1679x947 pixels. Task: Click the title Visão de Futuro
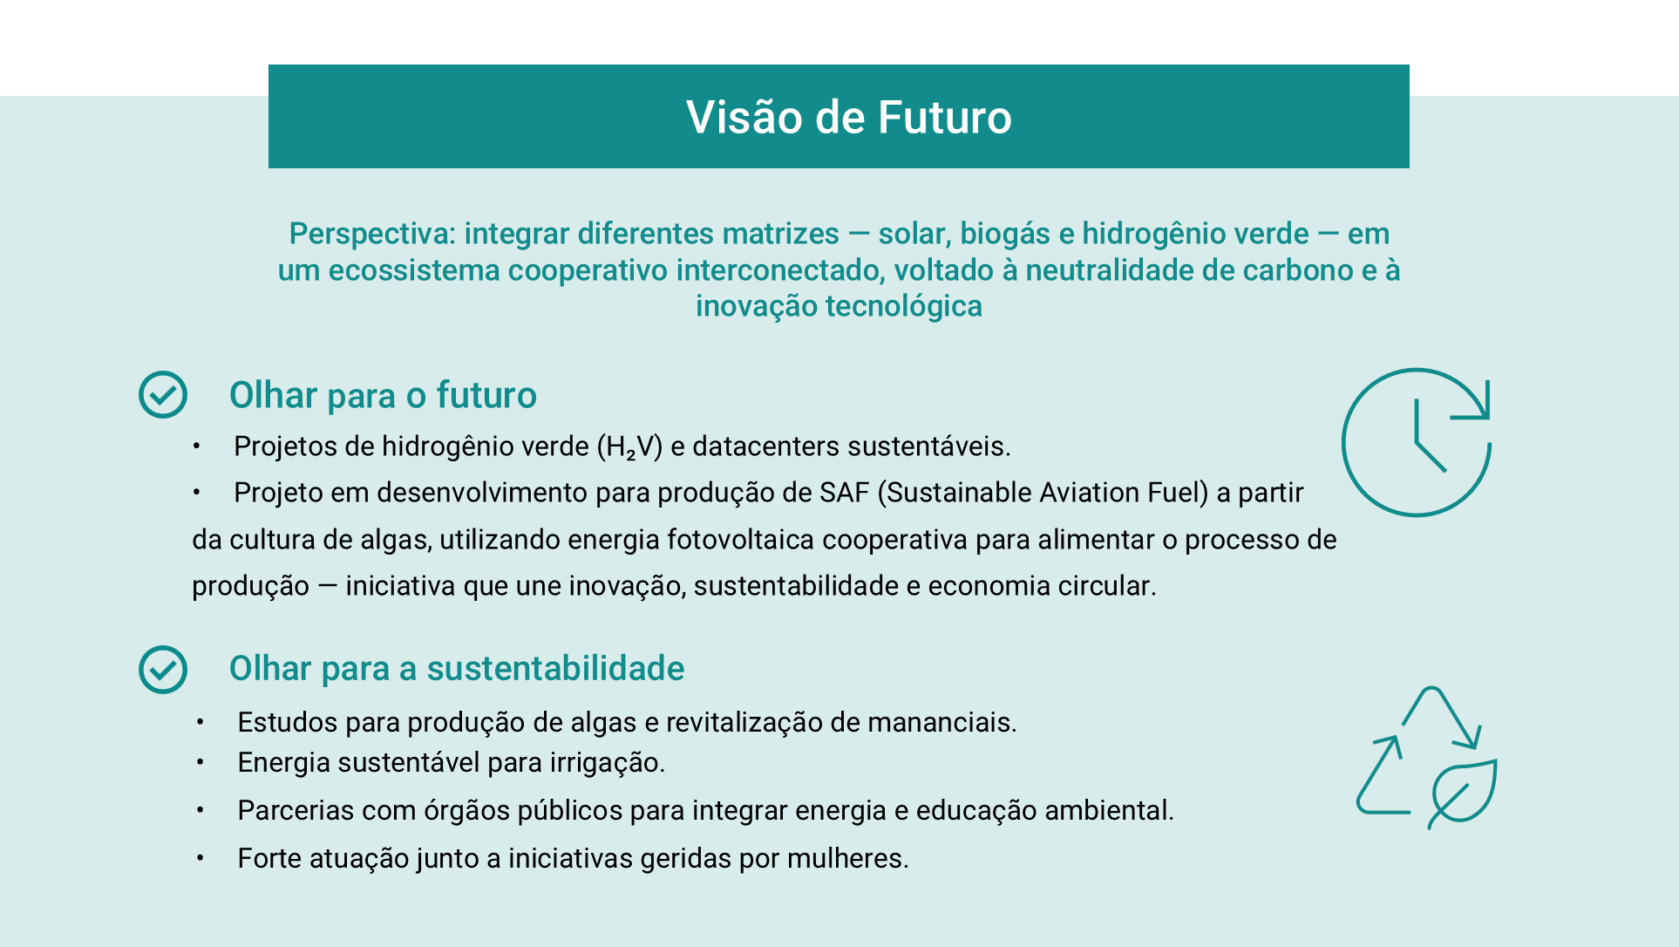click(848, 117)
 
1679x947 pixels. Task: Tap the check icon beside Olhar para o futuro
click(163, 395)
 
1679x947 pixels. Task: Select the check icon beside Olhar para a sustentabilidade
click(163, 670)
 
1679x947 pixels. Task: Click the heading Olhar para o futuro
click(383, 395)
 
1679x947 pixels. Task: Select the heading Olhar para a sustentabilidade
click(457, 668)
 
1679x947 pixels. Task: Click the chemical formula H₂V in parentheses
click(629, 447)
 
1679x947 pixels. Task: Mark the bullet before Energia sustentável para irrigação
click(200, 763)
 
